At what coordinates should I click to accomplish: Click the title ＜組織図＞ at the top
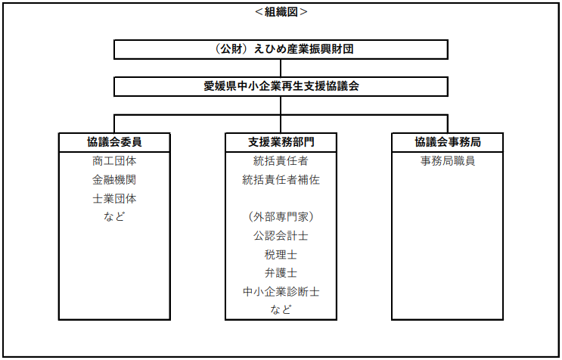281,12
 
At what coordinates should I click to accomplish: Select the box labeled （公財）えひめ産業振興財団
281,49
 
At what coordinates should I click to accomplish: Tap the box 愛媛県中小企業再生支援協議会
281,87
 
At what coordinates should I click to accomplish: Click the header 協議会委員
114,142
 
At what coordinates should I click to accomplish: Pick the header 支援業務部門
281,142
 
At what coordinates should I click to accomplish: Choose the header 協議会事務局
448,142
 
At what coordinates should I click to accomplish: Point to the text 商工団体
114,161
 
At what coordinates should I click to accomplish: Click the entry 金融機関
114,180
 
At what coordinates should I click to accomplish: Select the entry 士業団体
114,198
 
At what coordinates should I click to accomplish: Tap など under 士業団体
114,217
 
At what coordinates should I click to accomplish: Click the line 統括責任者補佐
281,180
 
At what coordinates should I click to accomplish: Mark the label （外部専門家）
281,217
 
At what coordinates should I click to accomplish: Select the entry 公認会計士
281,236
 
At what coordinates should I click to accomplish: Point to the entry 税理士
281,255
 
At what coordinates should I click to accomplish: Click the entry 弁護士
281,273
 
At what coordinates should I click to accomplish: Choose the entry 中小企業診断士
281,292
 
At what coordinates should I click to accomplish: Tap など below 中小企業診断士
281,309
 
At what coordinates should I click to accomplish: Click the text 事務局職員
448,161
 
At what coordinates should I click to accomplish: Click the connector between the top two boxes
281,68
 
